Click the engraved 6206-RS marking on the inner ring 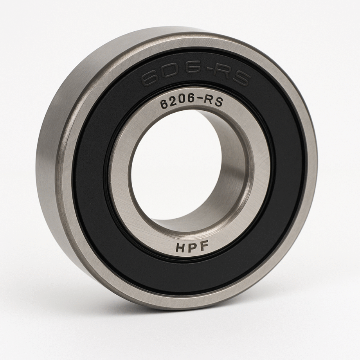pyautogui.click(x=191, y=103)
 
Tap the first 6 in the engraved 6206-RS pyautogui.click(x=164, y=105)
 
